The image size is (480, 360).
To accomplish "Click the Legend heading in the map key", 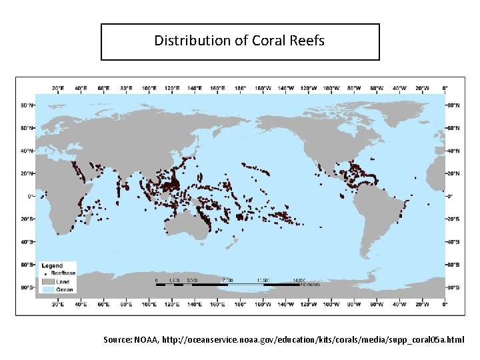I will (52, 265).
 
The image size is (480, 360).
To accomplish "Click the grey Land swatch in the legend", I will (47, 281).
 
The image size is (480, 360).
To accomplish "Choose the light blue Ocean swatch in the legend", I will (47, 289).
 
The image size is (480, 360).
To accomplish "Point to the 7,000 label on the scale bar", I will (227, 280).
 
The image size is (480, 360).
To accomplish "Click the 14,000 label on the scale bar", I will (298, 280).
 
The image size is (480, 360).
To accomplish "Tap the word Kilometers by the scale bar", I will (309, 285).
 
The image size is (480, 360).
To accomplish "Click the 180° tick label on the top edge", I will (240, 88).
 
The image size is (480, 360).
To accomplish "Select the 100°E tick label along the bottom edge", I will (149, 304).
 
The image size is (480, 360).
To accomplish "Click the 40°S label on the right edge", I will (454, 242).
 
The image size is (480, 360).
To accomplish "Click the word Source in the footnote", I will (117, 340).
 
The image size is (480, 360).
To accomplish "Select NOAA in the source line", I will (146, 340).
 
